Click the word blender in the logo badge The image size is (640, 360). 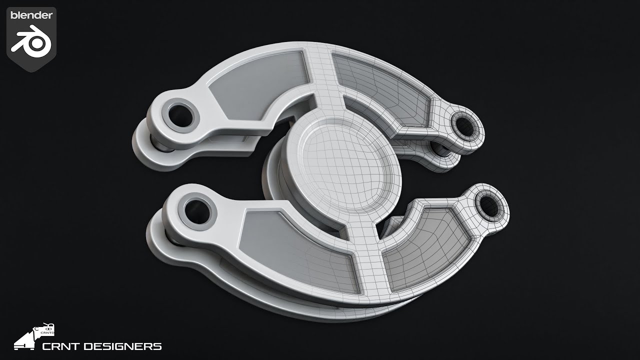(x=31, y=15)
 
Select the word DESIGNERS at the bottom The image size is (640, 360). (x=123, y=346)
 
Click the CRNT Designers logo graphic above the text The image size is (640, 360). (x=34, y=336)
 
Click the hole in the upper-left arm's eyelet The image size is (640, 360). (x=180, y=115)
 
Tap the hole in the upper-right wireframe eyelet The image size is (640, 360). (x=464, y=126)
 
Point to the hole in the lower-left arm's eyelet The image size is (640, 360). (x=197, y=212)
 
